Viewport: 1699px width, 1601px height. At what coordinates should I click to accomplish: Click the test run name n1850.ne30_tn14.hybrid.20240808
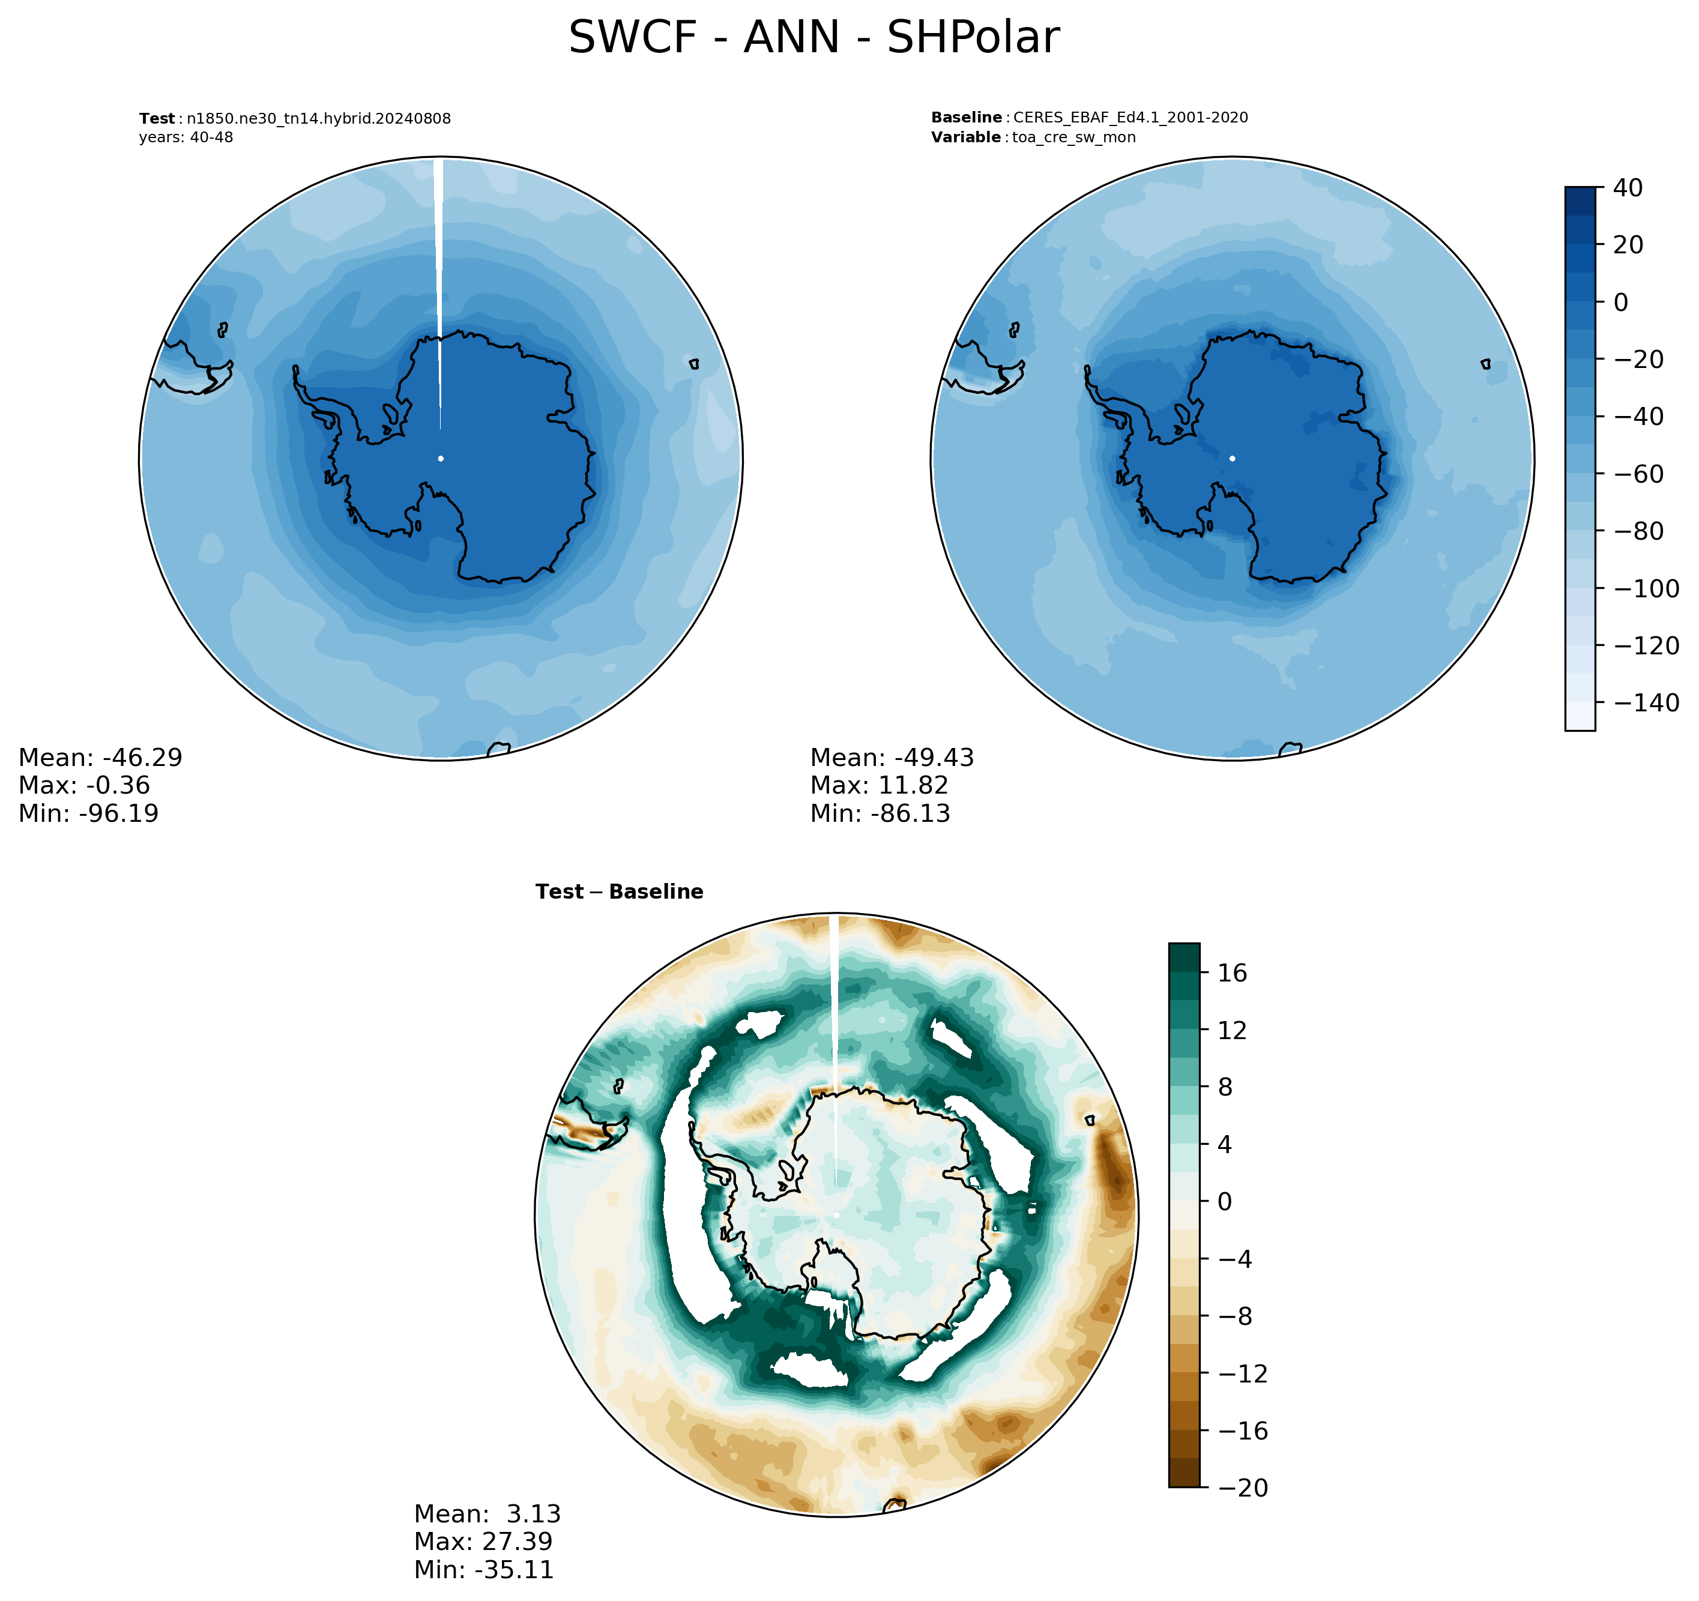(x=319, y=119)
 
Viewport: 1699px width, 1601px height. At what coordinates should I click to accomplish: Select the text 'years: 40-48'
(x=186, y=137)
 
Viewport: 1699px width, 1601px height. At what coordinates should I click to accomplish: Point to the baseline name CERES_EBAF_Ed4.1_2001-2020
(x=1130, y=118)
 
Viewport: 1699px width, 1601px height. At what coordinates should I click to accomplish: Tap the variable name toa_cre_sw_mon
(x=1074, y=137)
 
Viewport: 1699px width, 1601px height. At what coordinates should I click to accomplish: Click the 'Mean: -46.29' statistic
(x=101, y=758)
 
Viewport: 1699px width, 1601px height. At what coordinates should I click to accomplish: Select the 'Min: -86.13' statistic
(x=880, y=813)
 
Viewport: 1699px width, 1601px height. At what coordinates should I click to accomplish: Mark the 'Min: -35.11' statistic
(x=484, y=1569)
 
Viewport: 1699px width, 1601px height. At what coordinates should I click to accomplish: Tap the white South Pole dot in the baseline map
(x=1233, y=458)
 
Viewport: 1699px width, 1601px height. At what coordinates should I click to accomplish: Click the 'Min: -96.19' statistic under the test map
(x=89, y=813)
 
